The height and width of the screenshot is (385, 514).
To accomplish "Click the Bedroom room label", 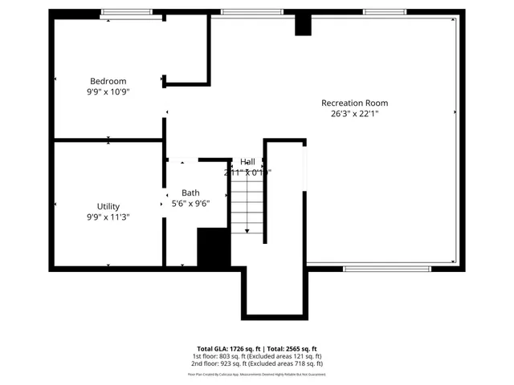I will [108, 81].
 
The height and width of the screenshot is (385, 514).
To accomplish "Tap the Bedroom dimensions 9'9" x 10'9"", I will [108, 92].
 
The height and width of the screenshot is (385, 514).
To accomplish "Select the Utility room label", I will [108, 206].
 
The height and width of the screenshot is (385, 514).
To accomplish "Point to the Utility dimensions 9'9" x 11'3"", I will [108, 217].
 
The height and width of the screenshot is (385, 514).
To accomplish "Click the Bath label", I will [190, 192].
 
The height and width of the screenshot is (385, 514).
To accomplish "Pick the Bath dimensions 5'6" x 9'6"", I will [190, 204].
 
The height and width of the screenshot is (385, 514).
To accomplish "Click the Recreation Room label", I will [354, 103].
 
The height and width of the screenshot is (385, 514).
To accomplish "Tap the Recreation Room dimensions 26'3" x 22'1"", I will [354, 114].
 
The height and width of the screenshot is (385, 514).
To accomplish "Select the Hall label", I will [247, 162].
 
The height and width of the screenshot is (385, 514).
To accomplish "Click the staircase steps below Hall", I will [247, 205].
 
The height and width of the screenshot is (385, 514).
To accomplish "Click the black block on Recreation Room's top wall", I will [303, 25].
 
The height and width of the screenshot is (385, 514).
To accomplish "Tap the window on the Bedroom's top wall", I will [126, 12].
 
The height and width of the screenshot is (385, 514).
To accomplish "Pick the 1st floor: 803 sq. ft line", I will [256, 356].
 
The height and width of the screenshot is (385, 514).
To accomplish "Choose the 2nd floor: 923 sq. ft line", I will [256, 363].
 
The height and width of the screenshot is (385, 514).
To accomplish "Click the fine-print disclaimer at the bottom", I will [256, 374].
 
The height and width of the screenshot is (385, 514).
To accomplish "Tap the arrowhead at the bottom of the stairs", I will [247, 231].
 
